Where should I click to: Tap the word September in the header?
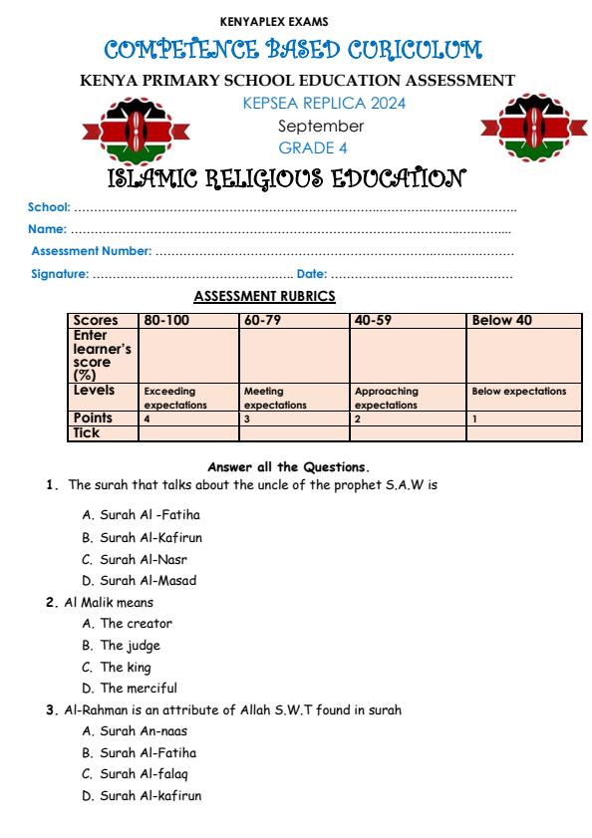click(321, 126)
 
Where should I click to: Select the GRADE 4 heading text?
click(321, 147)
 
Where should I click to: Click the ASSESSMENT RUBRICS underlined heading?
click(264, 296)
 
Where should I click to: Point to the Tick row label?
click(87, 432)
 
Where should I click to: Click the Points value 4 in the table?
click(147, 419)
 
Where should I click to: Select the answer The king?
click(126, 667)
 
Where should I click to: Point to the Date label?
click(311, 273)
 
